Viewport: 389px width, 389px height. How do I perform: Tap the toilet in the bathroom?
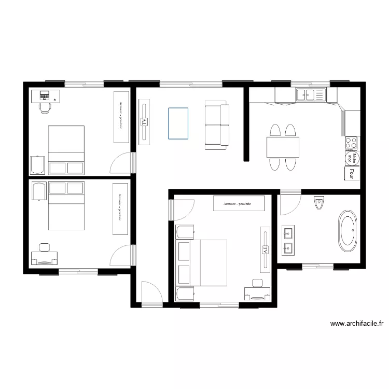(319, 203)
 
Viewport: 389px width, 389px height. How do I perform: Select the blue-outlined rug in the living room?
(178, 123)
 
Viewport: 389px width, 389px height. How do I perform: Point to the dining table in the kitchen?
(283, 147)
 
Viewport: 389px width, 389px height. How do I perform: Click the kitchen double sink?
(310, 94)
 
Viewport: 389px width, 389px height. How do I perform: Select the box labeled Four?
(352, 173)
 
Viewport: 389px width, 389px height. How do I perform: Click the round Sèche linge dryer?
(352, 158)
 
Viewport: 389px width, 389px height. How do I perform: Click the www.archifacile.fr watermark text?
(357, 324)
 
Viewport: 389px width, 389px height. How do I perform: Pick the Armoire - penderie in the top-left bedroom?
(121, 117)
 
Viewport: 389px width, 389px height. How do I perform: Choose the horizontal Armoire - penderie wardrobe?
(239, 204)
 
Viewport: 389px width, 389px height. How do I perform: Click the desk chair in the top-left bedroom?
(45, 106)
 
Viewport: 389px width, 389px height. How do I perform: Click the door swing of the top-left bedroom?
(122, 163)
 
